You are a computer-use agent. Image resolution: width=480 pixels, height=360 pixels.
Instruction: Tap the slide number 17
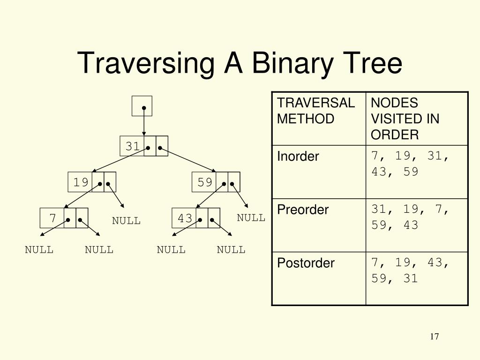coord(434,337)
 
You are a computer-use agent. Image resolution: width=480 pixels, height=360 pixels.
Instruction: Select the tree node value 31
coord(132,146)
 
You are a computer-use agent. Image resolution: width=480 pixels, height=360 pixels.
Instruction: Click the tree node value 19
coord(81,182)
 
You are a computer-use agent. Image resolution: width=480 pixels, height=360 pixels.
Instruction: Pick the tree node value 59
coord(205,182)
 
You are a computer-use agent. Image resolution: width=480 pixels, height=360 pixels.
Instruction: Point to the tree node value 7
coord(52,218)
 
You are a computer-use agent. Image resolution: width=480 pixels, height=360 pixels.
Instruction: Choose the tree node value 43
coord(185,218)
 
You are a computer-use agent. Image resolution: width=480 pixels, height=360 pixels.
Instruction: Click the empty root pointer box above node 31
coord(142,105)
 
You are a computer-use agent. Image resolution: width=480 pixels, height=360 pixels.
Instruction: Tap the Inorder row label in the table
coord(298,156)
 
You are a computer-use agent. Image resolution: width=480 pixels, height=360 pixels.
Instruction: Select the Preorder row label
coord(303,210)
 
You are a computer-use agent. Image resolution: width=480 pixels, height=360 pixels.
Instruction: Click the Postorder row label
coord(306,263)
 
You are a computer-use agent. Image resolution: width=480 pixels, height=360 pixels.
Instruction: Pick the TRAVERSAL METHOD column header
coord(315,111)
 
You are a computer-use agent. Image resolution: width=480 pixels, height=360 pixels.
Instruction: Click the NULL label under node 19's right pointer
coord(126,221)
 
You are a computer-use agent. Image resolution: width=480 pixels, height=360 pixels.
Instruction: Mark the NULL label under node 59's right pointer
coord(251,217)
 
